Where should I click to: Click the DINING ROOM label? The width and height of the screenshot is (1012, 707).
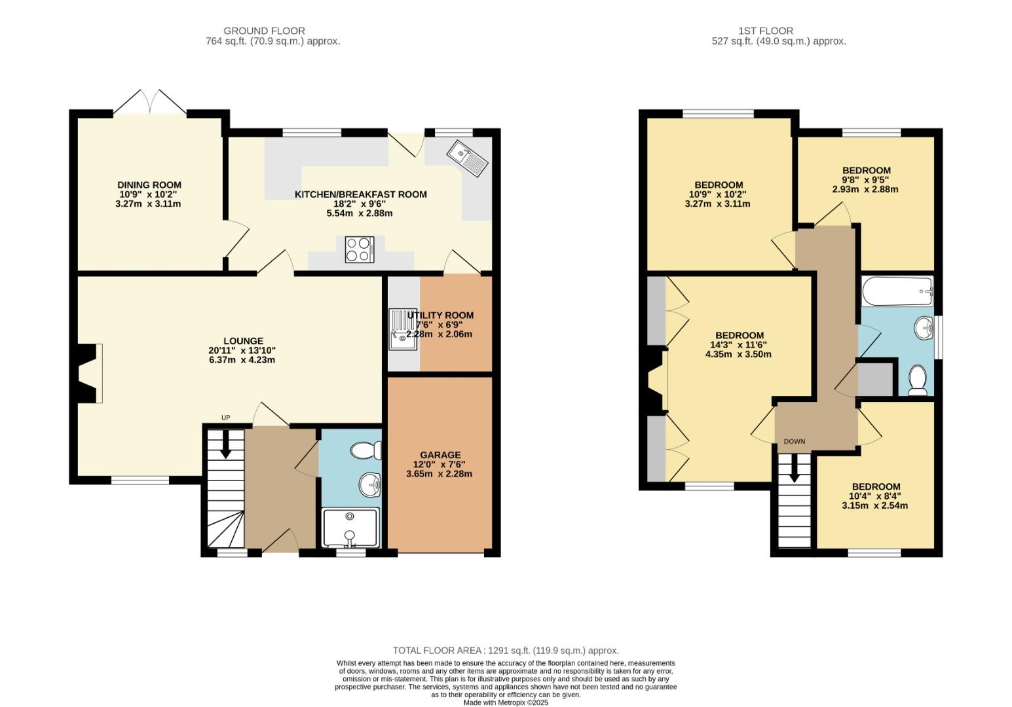[x=149, y=185]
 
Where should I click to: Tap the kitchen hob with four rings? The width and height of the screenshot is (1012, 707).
[x=358, y=249]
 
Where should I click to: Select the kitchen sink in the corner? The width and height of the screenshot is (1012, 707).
[x=466, y=158]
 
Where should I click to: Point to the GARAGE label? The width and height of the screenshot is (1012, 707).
[x=440, y=455]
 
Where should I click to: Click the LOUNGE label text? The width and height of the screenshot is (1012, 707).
[x=243, y=341]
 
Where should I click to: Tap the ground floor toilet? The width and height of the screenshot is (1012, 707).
[x=366, y=450]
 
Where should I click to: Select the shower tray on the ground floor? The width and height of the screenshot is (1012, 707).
[x=350, y=528]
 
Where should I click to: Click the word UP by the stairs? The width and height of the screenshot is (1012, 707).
[x=226, y=418]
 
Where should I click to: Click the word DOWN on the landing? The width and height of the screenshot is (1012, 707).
[x=795, y=441]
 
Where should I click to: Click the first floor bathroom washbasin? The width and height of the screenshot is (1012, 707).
[x=924, y=328]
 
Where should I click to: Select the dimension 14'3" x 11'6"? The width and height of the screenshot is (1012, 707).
[x=738, y=345]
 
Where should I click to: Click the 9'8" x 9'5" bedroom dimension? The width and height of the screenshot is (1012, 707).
[x=865, y=180]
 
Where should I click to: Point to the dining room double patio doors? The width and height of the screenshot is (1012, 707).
[x=150, y=102]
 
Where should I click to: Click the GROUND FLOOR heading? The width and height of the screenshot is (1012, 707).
[x=264, y=31]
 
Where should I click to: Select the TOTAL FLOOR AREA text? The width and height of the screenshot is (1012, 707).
[x=505, y=651]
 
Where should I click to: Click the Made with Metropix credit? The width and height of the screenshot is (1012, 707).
[x=505, y=702]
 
